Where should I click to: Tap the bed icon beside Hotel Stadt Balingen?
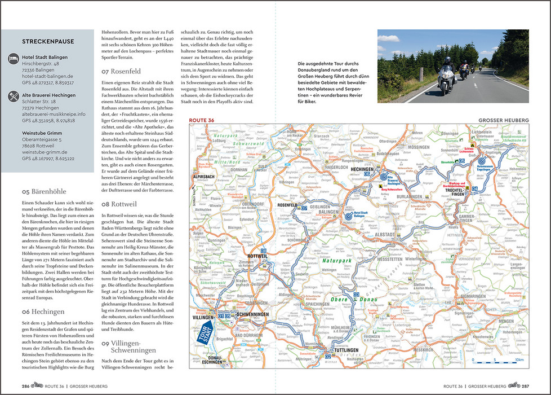pyautogui.click(x=13, y=58)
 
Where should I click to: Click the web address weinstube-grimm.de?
pyautogui.click(x=45, y=152)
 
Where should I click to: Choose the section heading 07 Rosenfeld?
pyautogui.click(x=125, y=72)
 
